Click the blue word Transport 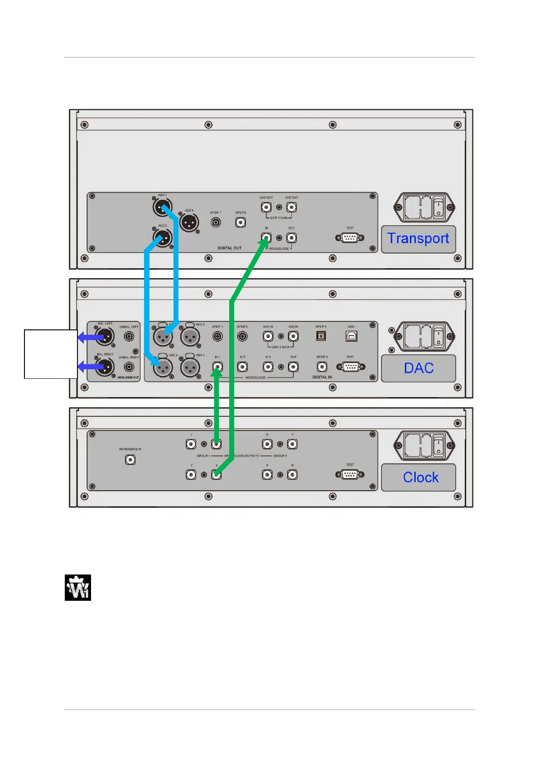tap(418, 238)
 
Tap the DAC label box tap(419, 368)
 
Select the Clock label tap(420, 477)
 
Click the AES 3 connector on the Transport tap(189, 222)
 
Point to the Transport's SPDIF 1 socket tap(217, 222)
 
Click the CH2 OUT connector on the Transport tap(292, 207)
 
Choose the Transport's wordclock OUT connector tap(292, 237)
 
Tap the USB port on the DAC tap(351, 336)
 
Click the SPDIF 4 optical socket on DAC tap(321, 336)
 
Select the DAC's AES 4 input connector tap(190, 367)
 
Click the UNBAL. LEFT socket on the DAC tap(129, 336)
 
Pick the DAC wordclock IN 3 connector tap(268, 367)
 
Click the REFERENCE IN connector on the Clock tap(130, 460)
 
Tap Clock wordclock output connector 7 tap(293, 444)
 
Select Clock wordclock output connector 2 tap(217, 444)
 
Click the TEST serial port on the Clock tap(350, 474)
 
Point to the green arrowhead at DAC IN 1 tap(217, 371)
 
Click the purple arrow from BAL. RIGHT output tap(91, 367)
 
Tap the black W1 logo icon tap(78, 588)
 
